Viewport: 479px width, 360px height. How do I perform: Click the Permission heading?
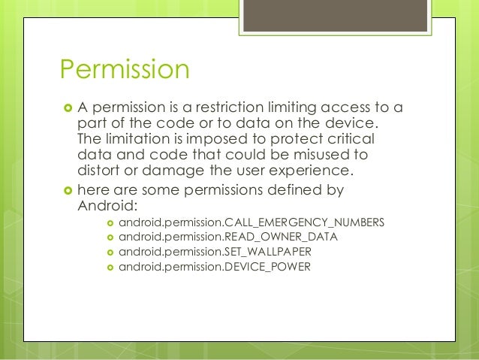(124, 71)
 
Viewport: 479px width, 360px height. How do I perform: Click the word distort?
(99, 171)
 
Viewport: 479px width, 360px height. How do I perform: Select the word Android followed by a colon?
(104, 207)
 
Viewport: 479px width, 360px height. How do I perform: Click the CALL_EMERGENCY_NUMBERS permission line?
(252, 223)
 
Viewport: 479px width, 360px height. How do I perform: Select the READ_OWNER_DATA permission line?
(228, 237)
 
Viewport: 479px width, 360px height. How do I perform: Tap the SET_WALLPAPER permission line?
(221, 252)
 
